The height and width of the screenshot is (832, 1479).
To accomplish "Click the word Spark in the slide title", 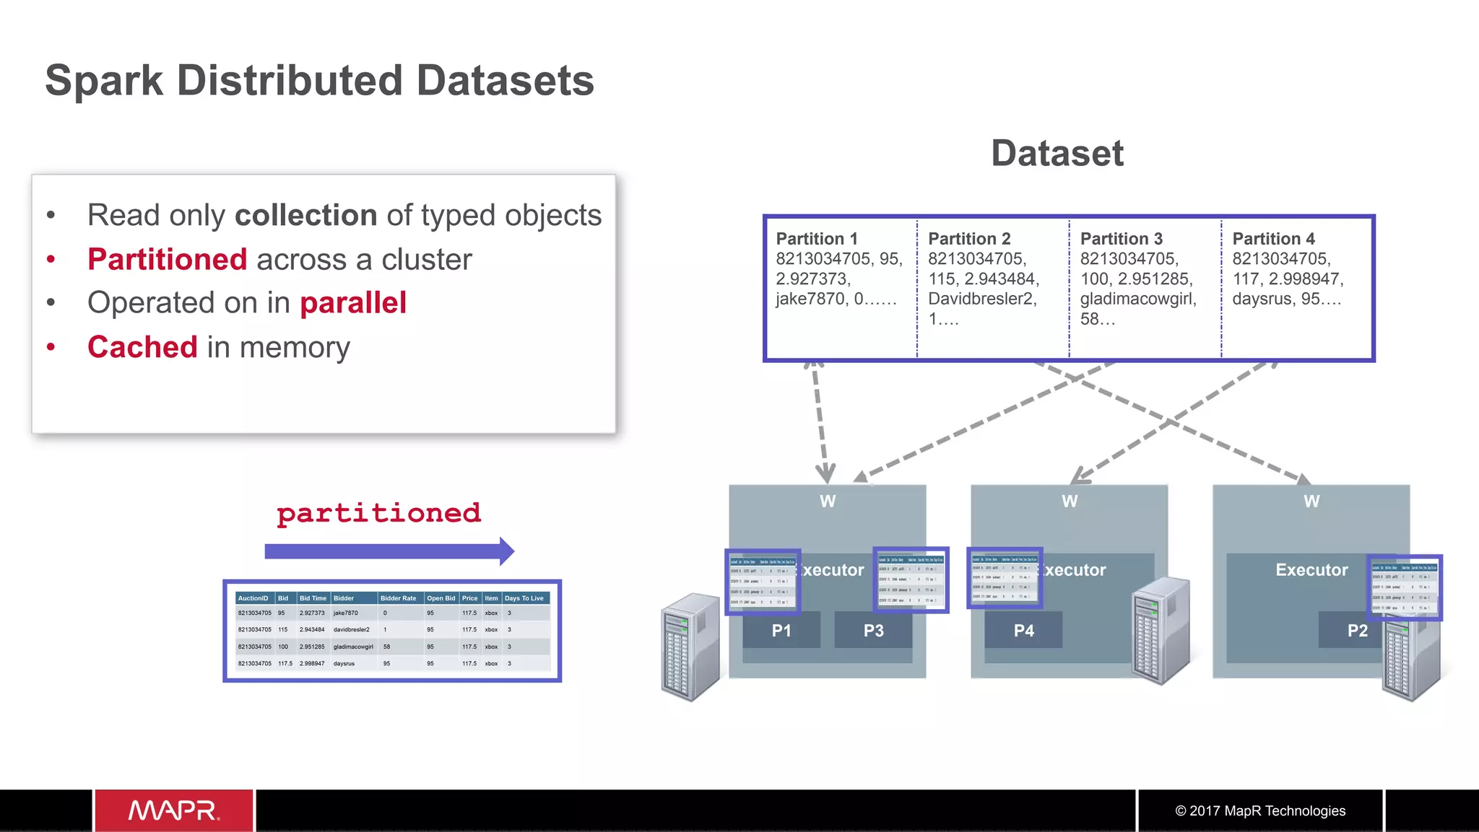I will pyautogui.click(x=105, y=81).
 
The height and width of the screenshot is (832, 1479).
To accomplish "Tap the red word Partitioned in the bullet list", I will pyautogui.click(x=168, y=260).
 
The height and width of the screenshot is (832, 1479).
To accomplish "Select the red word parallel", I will pyautogui.click(x=353, y=303).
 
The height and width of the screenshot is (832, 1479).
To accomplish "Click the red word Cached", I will pyautogui.click(x=142, y=347).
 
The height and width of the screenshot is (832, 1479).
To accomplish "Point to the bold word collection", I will pyautogui.click(x=306, y=216).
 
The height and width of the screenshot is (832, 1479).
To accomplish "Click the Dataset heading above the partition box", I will pyautogui.click(x=1057, y=153).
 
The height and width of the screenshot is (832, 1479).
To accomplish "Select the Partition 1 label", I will pyautogui.click(x=817, y=239).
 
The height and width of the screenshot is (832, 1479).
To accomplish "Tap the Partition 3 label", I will pyautogui.click(x=1121, y=239).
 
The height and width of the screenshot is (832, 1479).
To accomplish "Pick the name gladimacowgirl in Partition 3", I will pyautogui.click(x=1138, y=299).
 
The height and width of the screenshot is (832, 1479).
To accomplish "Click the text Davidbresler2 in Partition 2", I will pyautogui.click(x=982, y=299).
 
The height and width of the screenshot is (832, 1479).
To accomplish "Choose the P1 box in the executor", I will pyautogui.click(x=781, y=630).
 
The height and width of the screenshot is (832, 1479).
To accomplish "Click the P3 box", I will pyautogui.click(x=873, y=630).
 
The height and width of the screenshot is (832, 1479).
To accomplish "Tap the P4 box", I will pyautogui.click(x=1023, y=630).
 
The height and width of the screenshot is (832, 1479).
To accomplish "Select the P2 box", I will pyautogui.click(x=1357, y=630).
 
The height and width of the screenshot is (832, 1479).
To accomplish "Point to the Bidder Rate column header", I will pyautogui.click(x=398, y=598).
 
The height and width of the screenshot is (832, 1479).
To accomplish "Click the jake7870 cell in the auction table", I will pyautogui.click(x=345, y=613).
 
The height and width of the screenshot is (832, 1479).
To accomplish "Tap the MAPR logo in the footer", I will pyautogui.click(x=174, y=810).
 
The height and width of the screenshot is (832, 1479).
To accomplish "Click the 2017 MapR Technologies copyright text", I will pyautogui.click(x=1260, y=811).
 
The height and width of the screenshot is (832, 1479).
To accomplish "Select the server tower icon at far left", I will pyautogui.click(x=690, y=646).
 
